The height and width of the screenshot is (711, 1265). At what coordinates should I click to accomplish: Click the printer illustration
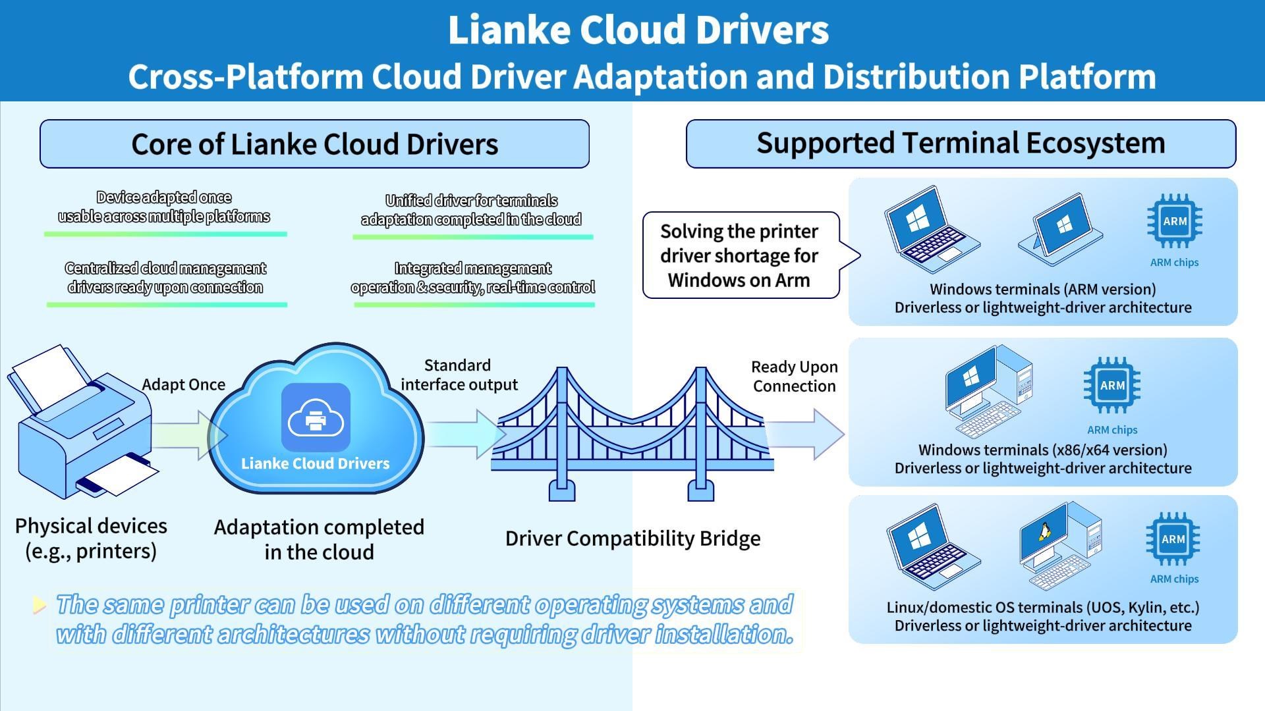[84, 425]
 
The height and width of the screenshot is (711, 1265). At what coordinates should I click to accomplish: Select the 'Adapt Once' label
[183, 384]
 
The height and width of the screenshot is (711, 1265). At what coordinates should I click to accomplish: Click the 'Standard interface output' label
[459, 375]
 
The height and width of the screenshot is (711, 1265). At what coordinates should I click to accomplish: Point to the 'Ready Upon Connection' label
[794, 377]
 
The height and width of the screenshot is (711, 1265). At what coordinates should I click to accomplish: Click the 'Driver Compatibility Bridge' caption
[632, 539]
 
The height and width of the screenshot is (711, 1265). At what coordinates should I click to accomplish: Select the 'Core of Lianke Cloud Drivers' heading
[314, 144]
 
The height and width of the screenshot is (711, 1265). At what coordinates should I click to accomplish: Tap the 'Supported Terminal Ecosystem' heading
[960, 144]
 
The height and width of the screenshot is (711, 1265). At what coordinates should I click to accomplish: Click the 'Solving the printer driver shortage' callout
[739, 255]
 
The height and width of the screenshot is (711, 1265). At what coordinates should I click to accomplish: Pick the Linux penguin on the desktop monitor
[1044, 532]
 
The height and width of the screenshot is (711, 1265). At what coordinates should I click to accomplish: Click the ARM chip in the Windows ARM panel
[1174, 221]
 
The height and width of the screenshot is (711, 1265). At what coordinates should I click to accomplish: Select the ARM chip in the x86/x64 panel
[1112, 386]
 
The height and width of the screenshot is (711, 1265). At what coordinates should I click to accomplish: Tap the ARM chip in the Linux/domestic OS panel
[1173, 539]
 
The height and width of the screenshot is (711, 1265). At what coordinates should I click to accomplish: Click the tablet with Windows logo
[1061, 228]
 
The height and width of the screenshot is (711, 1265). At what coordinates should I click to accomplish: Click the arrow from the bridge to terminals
[807, 434]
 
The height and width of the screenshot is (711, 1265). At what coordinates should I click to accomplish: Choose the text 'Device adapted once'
[163, 197]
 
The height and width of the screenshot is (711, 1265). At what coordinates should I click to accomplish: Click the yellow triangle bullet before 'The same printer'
[40, 605]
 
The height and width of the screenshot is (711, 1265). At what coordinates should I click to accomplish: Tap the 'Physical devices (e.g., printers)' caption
[91, 539]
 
